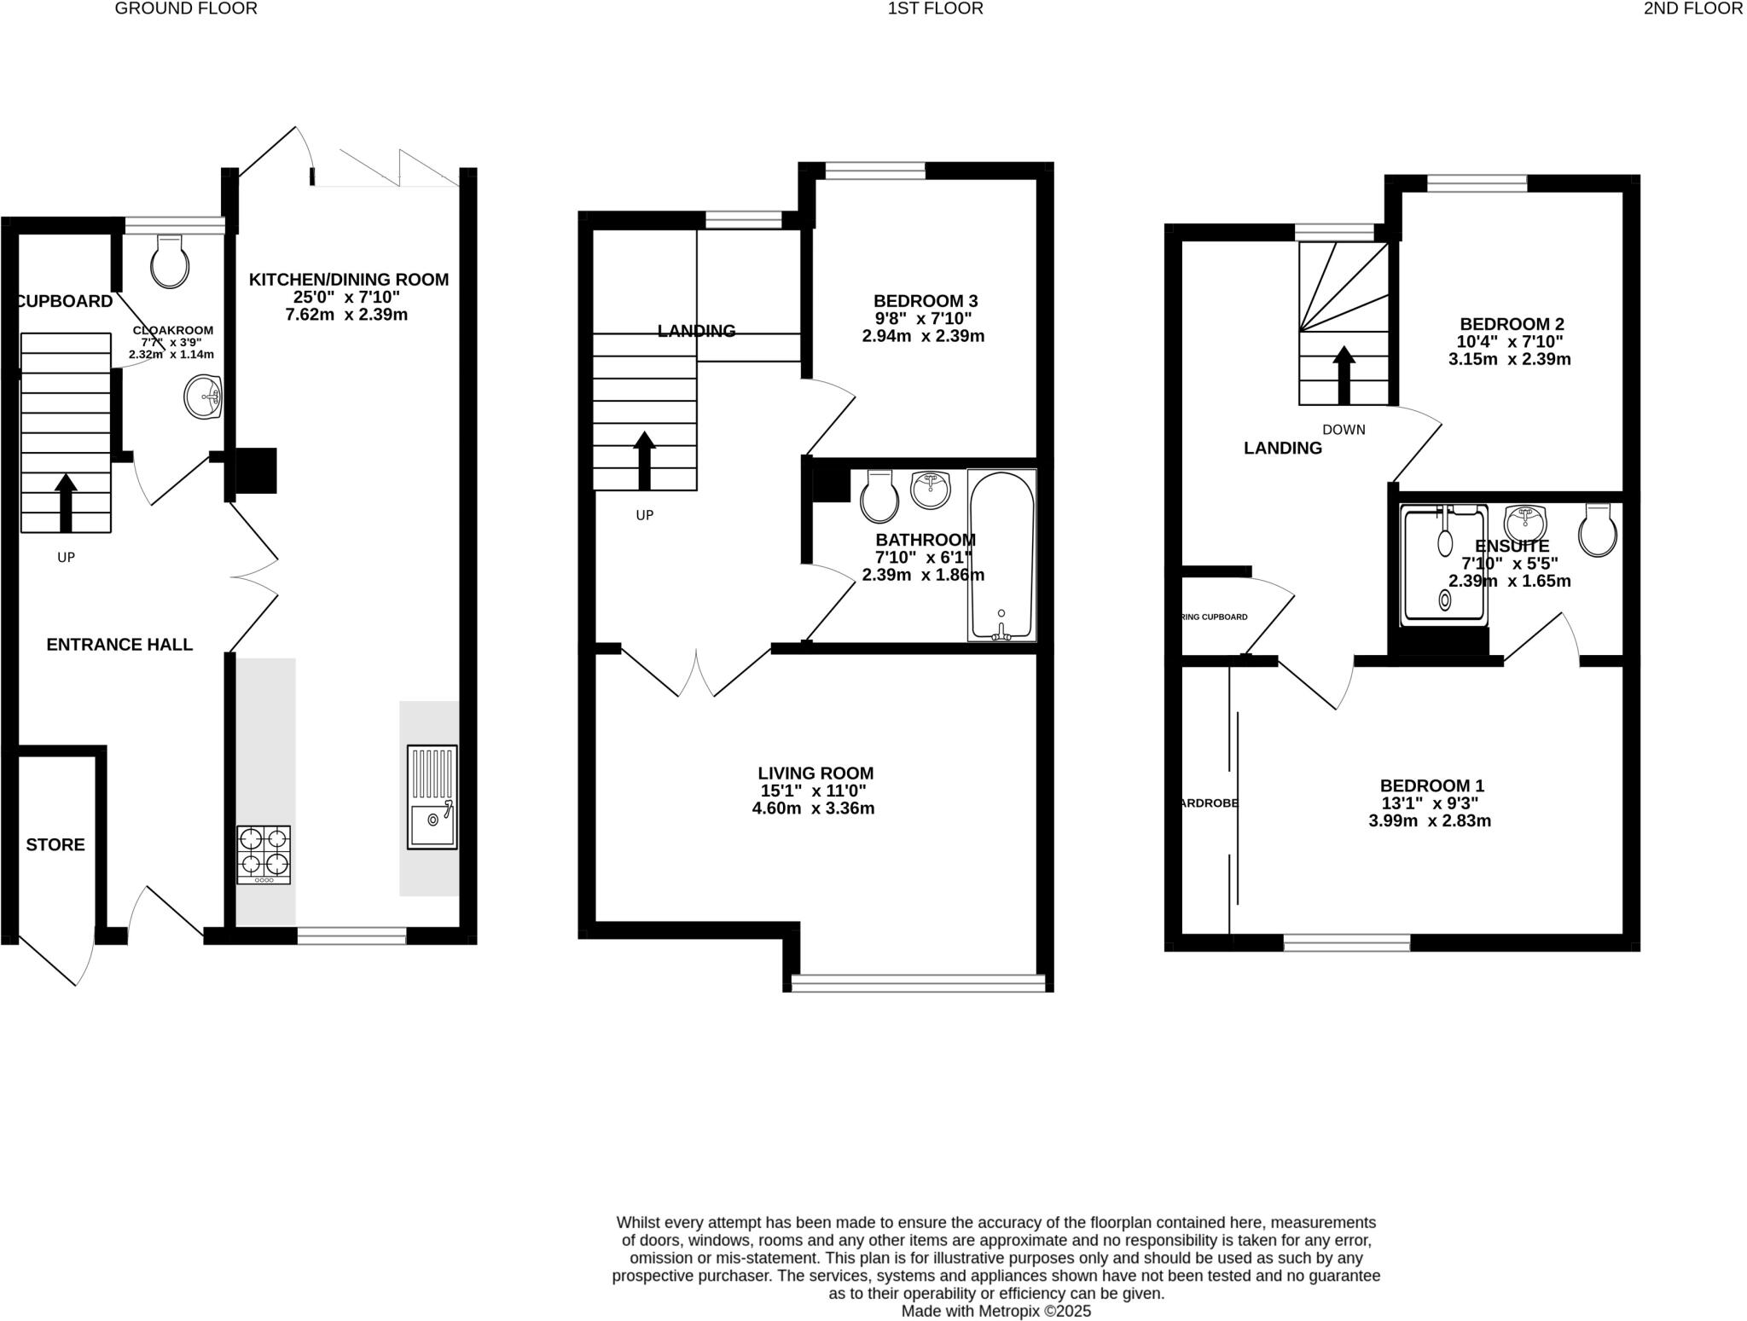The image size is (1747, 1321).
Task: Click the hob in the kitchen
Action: pyautogui.click(x=264, y=855)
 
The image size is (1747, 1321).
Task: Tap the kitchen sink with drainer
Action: pyautogui.click(x=432, y=797)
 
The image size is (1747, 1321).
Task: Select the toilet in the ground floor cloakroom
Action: pyautogui.click(x=169, y=262)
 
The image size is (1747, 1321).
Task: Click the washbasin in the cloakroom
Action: pyautogui.click(x=203, y=397)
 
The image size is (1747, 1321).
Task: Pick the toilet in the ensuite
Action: pyautogui.click(x=1597, y=530)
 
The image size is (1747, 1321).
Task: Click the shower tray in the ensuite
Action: pyautogui.click(x=1445, y=565)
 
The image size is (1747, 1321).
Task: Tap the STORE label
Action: pyautogui.click(x=55, y=844)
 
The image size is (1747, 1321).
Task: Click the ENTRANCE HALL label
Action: pyautogui.click(x=119, y=645)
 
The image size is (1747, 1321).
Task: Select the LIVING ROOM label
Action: pyautogui.click(x=816, y=773)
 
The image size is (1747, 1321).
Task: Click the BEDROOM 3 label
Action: pyautogui.click(x=925, y=301)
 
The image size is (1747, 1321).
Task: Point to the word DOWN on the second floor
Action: pyautogui.click(x=1344, y=430)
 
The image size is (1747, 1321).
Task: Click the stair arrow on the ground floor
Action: pyautogui.click(x=66, y=503)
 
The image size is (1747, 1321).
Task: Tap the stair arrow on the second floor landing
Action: pyautogui.click(x=1344, y=374)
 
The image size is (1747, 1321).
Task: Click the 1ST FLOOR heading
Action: pyautogui.click(x=935, y=9)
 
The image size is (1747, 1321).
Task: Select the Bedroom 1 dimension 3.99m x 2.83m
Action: pyautogui.click(x=1429, y=821)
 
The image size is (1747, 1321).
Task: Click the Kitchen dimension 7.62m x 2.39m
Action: pyautogui.click(x=346, y=315)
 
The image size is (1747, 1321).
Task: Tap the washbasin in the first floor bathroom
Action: pyautogui.click(x=930, y=490)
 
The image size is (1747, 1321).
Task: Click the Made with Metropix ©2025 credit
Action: pyautogui.click(x=995, y=1312)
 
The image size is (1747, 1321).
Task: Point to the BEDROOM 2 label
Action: pyautogui.click(x=1512, y=324)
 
